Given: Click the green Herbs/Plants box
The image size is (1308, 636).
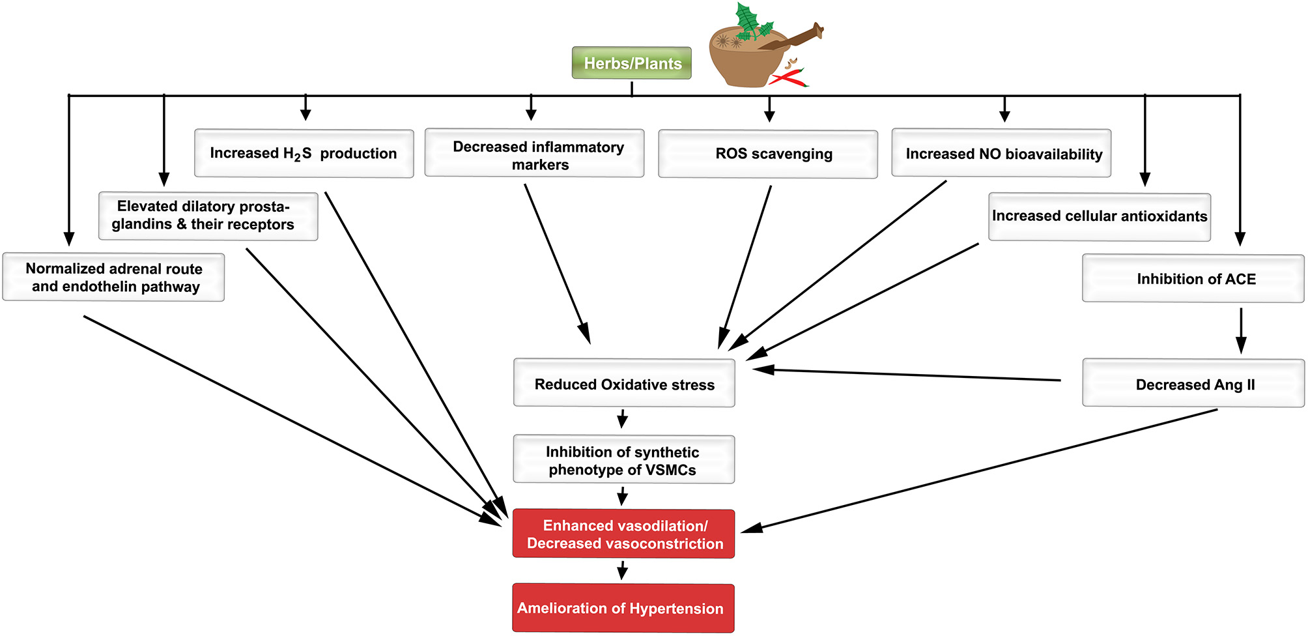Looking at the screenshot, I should click(631, 63).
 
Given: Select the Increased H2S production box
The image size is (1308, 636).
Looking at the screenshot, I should click(304, 154).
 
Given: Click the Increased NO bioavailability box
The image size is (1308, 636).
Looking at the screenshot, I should click(1001, 154).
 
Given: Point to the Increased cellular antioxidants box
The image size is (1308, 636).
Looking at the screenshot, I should click(1100, 217).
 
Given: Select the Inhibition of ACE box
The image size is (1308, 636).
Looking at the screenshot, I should click(1193, 279).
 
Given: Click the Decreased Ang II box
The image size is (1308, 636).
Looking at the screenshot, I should click(1193, 384).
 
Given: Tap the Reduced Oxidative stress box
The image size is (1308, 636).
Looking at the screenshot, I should click(624, 384).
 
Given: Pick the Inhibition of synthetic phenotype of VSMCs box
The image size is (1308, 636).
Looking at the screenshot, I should click(623, 460).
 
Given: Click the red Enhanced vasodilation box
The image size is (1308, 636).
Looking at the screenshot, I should click(623, 534).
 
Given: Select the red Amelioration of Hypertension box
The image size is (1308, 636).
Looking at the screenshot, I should click(623, 609).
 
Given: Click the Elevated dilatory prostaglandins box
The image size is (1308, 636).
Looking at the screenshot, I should click(208, 216).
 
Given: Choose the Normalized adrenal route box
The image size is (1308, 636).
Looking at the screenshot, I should click(113, 278).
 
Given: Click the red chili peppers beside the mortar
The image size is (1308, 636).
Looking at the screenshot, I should click(789, 78).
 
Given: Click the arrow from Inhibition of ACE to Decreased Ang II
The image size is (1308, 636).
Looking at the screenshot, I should click(1241, 330).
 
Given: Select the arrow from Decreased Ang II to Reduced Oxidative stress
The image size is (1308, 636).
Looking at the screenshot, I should click(905, 375).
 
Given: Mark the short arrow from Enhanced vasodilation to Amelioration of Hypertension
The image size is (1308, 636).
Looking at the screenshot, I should click(622, 571).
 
